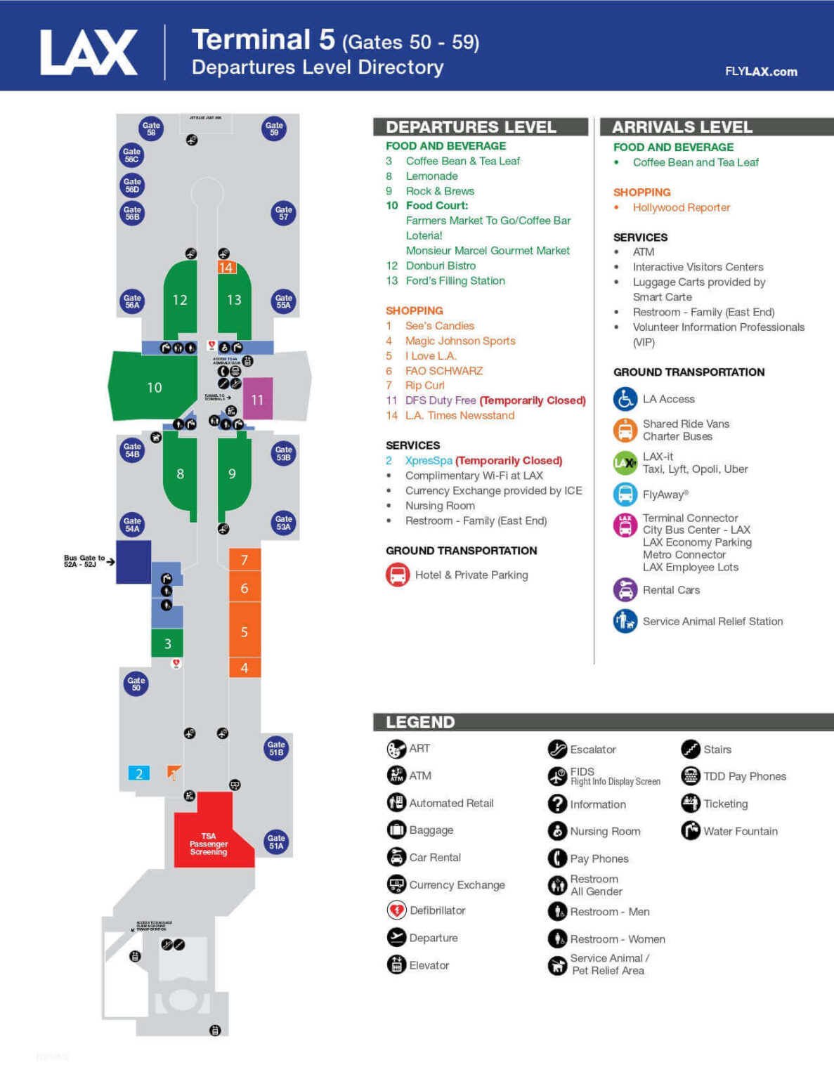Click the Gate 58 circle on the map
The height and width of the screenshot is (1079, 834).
point(151,129)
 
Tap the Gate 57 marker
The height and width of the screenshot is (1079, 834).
point(283,213)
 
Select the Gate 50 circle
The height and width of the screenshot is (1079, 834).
point(136,683)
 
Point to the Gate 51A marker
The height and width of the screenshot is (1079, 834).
point(276,842)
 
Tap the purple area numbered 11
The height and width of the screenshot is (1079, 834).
point(258,399)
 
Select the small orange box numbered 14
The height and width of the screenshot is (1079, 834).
point(226,268)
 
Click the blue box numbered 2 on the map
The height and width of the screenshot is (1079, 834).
point(139,773)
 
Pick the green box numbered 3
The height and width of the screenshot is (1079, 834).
point(167,643)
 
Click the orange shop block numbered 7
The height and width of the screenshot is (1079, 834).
point(245,560)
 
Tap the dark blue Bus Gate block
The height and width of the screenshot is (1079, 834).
point(133,562)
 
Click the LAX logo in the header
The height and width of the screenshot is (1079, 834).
point(89,53)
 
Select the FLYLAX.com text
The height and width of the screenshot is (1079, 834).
point(761,72)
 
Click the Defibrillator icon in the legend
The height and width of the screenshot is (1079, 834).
point(397,910)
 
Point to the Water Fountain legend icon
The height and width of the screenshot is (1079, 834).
point(691,831)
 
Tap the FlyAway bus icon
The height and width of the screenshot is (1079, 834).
point(625,494)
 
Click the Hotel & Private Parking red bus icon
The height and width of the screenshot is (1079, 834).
point(398,575)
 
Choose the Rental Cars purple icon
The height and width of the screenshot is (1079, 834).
point(625,590)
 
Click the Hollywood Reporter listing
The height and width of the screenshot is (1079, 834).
point(681,207)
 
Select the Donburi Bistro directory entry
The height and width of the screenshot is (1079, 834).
point(441,266)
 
